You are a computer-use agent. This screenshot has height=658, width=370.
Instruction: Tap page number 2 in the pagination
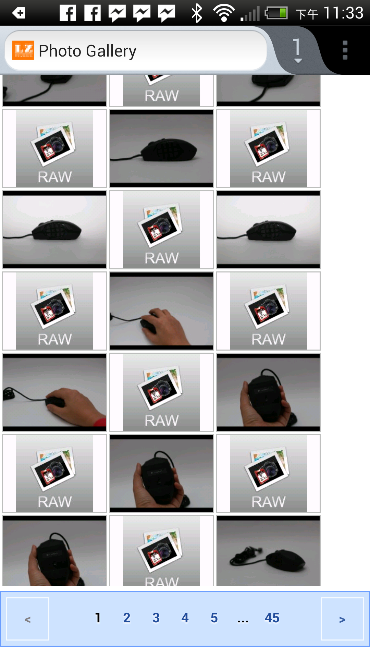coord(127,618)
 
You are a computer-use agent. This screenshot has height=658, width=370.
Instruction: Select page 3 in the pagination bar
coord(156,618)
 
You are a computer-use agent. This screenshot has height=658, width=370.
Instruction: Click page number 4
coord(185,618)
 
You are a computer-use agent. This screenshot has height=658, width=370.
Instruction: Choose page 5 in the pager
coord(214,618)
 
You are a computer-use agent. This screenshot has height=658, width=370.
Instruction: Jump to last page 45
coord(272,618)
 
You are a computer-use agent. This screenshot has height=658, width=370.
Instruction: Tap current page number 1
coord(98,618)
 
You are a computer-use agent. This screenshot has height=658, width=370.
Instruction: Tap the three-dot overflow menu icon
coord(345,50)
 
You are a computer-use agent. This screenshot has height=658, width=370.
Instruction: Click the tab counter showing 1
coord(297,50)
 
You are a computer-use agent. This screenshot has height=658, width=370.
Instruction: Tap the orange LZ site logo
coord(23,50)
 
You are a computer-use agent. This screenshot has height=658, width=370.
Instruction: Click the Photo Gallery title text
coord(88,51)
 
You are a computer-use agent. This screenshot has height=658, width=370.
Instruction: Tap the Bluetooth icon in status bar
coord(197,13)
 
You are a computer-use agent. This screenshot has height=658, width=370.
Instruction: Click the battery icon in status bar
coord(276,13)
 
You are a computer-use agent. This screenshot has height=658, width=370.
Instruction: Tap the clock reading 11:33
coord(343,13)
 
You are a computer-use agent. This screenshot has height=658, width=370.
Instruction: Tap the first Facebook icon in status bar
coord(68,13)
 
